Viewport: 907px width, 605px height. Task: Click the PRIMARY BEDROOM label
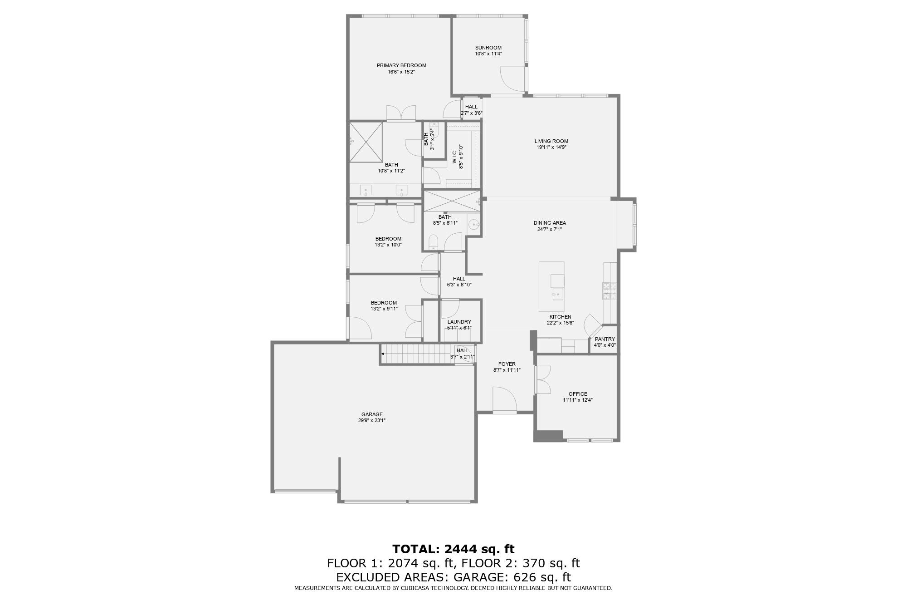[401, 65]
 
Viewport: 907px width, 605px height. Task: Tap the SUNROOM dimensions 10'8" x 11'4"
[488, 54]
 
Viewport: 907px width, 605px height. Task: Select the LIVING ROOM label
[551, 141]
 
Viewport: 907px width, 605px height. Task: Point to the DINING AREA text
[550, 223]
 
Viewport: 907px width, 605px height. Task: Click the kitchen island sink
[557, 294]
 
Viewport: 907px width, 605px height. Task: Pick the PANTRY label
[605, 339]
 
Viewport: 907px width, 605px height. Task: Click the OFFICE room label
[578, 394]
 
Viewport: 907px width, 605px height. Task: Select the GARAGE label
[372, 414]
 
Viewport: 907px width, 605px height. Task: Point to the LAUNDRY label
[459, 322]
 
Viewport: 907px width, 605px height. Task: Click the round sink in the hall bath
[473, 224]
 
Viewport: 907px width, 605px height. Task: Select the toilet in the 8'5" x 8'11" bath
[433, 242]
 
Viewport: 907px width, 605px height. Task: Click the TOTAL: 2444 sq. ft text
[453, 549]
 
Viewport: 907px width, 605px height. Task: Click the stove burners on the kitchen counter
[609, 290]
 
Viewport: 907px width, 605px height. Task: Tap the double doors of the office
[542, 379]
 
